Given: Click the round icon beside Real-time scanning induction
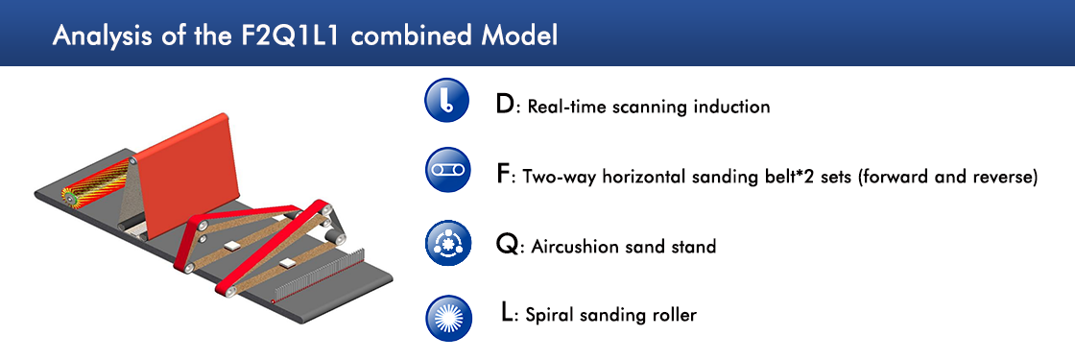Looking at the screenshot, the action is pos(446,101).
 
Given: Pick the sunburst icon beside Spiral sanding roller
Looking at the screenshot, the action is pos(446,318).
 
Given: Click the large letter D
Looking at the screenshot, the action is pos(504,105).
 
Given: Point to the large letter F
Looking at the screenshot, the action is pos(503,174).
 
